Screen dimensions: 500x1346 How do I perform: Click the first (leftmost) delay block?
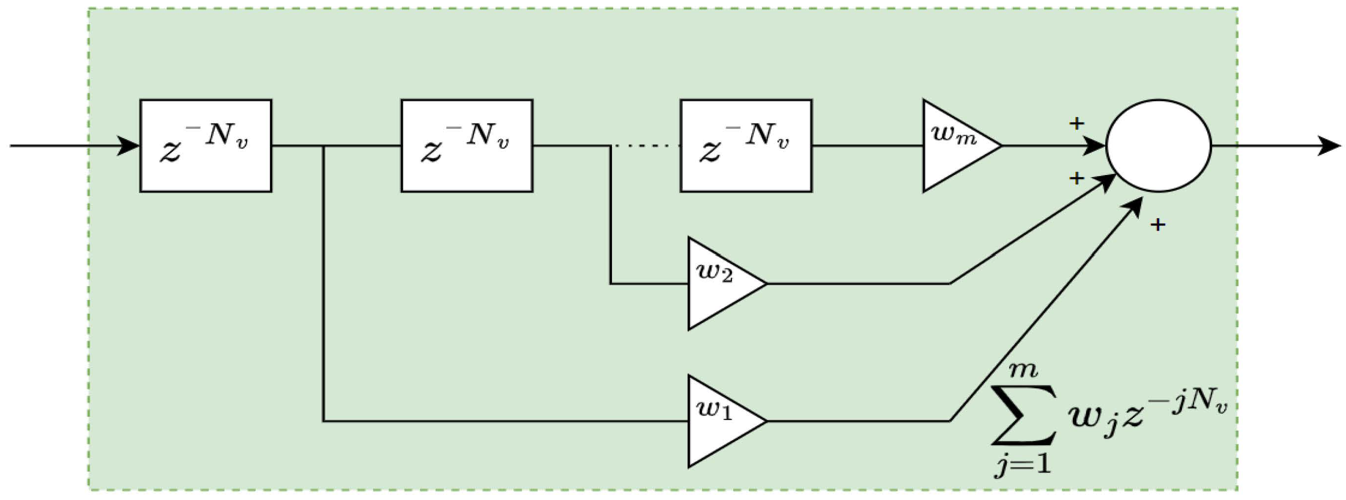(x=205, y=146)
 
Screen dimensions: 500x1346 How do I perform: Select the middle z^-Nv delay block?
(x=467, y=146)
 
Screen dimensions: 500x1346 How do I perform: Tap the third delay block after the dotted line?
(x=746, y=146)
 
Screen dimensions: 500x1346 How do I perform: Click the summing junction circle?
(x=1158, y=146)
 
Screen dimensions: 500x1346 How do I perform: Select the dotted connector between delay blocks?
(x=646, y=146)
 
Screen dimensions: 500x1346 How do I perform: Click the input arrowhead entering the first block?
(x=128, y=146)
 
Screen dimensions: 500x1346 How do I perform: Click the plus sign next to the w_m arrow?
(x=1076, y=124)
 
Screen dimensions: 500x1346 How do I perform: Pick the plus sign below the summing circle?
(x=1158, y=224)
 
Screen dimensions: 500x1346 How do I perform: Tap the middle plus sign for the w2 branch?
(x=1076, y=178)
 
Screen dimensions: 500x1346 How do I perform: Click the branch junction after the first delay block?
(x=323, y=146)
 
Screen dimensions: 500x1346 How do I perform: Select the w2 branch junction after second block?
(x=610, y=146)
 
